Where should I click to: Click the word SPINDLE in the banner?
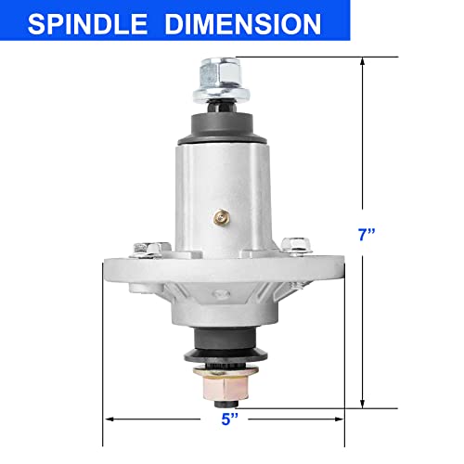point(87,24)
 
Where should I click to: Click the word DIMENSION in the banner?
point(243,24)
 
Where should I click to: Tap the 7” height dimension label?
point(367,234)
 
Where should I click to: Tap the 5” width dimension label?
point(230,419)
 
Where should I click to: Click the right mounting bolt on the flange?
point(296,245)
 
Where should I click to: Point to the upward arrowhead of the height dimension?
point(363,61)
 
